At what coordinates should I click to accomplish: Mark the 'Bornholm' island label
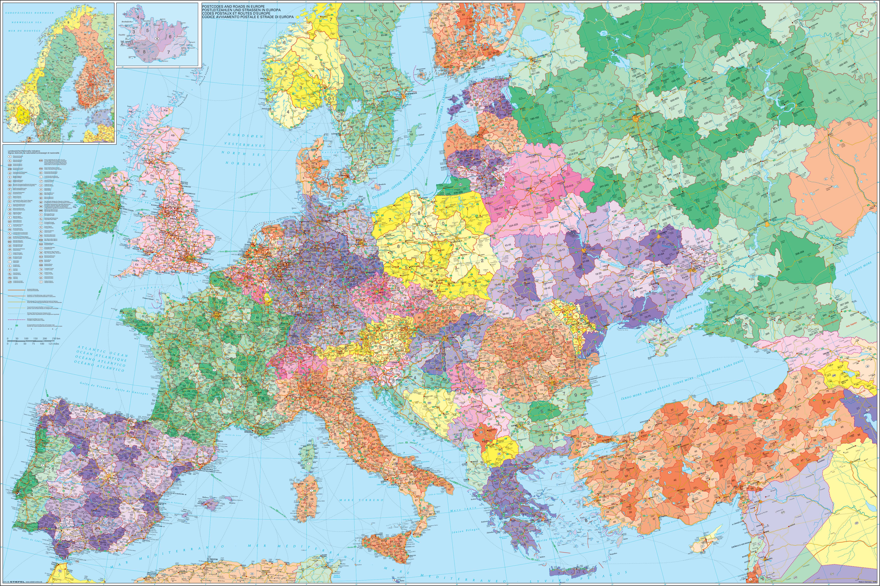coord(381,184)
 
